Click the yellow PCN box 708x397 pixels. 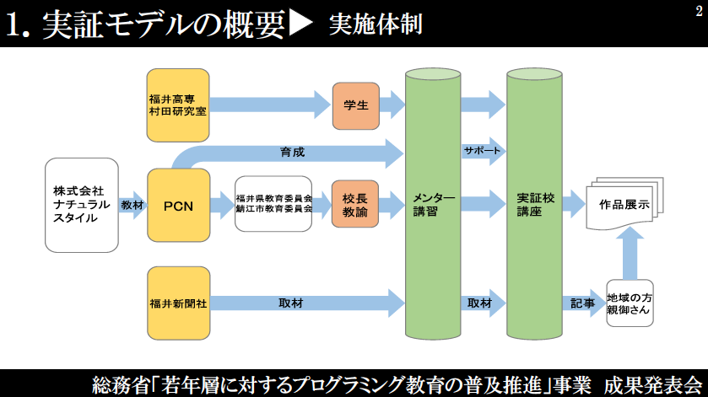coord(178,206)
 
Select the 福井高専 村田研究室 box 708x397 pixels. coord(178,105)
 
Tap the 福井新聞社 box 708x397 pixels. coord(178,303)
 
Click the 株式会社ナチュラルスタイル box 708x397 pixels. coord(82,206)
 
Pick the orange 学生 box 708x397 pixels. coord(356,105)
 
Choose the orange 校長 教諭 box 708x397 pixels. coord(355,204)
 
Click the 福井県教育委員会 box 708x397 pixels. coord(273,204)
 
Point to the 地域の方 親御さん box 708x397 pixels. coord(630,303)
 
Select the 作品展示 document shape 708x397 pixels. coord(624,203)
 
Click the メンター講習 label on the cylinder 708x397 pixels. coord(434,204)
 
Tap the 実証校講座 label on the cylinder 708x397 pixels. coord(536,204)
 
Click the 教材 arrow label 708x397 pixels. coord(132,206)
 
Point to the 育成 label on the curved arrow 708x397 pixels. coord(292,152)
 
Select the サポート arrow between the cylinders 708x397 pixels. coord(483,151)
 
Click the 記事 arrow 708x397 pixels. coord(583,303)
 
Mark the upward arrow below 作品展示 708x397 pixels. coord(630,254)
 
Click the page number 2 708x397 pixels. coord(699,11)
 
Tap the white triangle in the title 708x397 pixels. coord(300,24)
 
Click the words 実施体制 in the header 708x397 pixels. coord(376,24)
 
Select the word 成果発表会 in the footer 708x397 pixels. coord(653,385)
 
